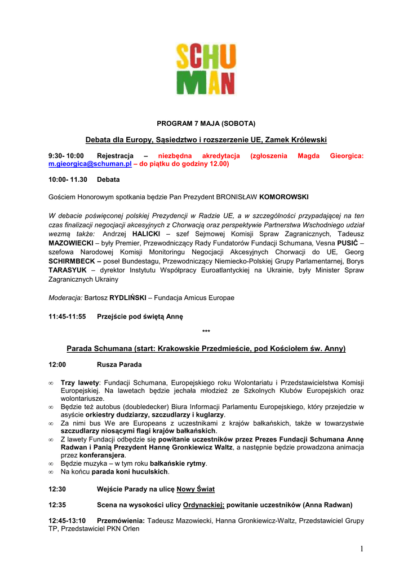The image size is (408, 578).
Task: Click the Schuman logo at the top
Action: [205, 69]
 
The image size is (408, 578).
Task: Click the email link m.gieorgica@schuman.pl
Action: [90, 164]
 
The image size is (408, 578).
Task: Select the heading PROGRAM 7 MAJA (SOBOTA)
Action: [206, 123]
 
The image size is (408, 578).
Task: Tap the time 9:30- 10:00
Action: [66, 155]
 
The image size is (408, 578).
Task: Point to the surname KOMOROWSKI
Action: [284, 197]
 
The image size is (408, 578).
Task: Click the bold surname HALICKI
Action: [147, 233]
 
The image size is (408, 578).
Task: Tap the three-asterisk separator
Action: [206, 331]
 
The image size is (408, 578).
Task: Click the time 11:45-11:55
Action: [68, 317]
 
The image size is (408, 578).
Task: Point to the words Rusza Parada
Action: [119, 365]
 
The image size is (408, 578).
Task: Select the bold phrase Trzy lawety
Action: [80, 382]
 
